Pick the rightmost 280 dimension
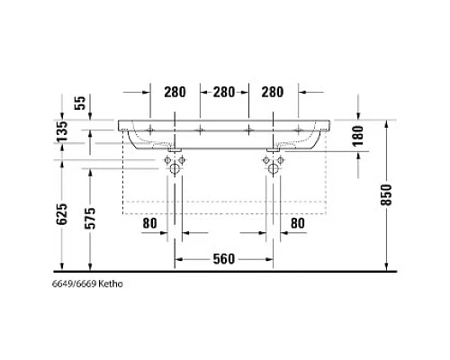tap(274, 93)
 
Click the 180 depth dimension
tap(358, 137)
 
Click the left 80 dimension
tap(149, 222)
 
